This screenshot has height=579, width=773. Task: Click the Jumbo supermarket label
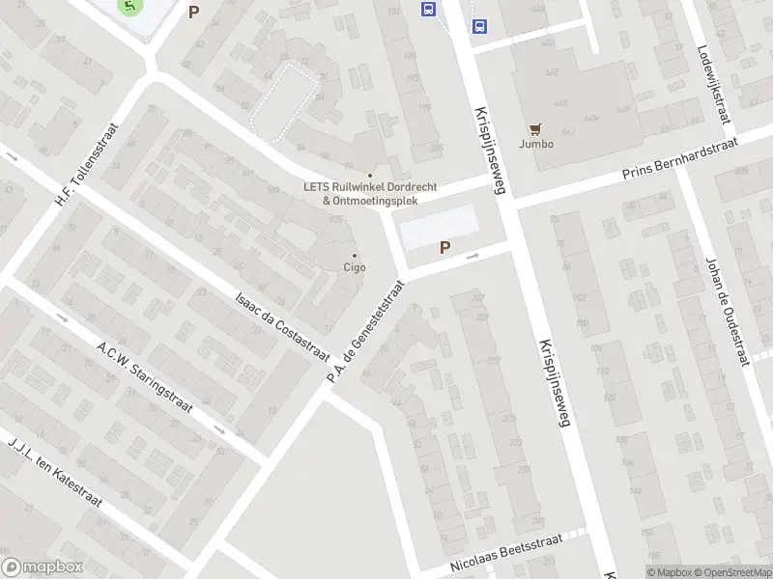pyautogui.click(x=536, y=144)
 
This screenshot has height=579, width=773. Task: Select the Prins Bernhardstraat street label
pyautogui.click(x=679, y=159)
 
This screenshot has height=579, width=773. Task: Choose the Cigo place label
pyautogui.click(x=355, y=267)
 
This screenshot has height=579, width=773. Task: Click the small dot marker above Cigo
pyautogui.click(x=355, y=255)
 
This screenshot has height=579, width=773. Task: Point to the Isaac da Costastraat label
pyautogui.click(x=281, y=326)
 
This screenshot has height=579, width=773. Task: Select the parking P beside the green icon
pyautogui.click(x=194, y=13)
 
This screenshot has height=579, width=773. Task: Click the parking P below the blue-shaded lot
pyautogui.click(x=444, y=248)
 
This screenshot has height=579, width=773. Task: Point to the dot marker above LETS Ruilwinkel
pyautogui.click(x=369, y=175)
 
